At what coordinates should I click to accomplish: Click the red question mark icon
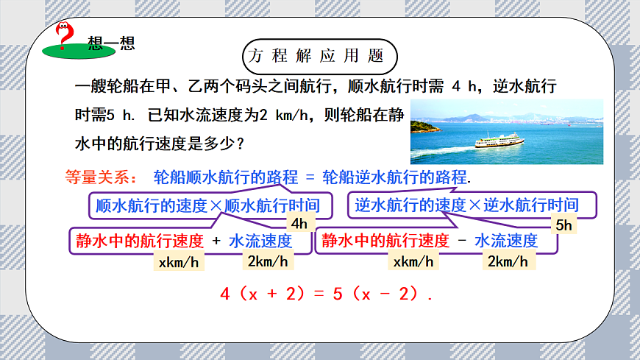[65, 34]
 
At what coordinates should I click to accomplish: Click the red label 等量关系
[96, 177]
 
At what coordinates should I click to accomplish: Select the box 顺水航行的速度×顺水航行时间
[209, 205]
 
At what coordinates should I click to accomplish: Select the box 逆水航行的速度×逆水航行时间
[466, 205]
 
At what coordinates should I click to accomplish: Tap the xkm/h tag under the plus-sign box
[179, 261]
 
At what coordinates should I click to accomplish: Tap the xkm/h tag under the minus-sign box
[414, 261]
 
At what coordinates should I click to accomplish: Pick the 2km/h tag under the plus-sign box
[268, 261]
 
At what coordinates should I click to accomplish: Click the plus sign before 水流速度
[216, 241]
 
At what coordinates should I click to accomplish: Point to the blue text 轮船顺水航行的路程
[225, 177]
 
